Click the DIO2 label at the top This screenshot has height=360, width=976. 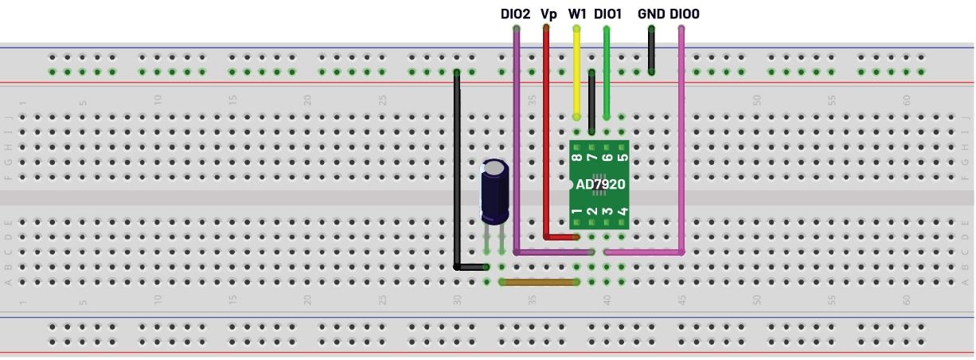click(515, 14)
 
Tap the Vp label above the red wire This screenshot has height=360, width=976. click(549, 14)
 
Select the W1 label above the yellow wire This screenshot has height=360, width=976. click(577, 14)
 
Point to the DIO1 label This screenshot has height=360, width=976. click(607, 14)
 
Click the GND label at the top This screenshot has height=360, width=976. click(650, 14)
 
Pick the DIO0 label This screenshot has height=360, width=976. click(685, 14)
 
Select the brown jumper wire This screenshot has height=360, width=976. click(539, 282)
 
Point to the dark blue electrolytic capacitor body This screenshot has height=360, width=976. click(495, 191)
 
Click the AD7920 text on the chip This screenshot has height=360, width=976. click(600, 184)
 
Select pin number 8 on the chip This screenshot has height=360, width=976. click(576, 158)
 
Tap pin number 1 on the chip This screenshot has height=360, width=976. click(576, 212)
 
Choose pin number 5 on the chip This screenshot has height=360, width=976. click(622, 158)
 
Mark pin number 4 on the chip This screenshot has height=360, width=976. click(622, 212)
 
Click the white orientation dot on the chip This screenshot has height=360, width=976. click(570, 184)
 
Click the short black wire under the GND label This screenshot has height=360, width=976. click(651, 49)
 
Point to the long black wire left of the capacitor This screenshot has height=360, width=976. click(456, 167)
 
